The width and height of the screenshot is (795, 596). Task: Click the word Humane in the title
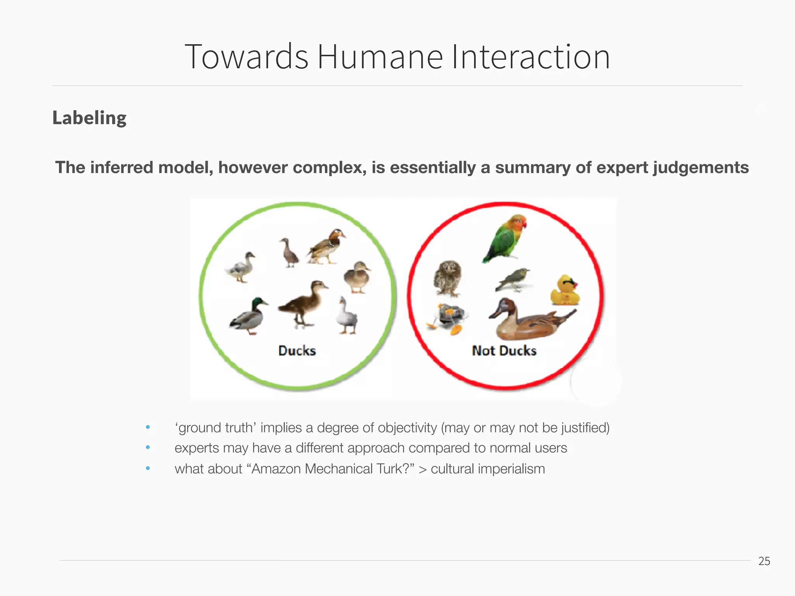coord(380,57)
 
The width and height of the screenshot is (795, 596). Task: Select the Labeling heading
coord(89,118)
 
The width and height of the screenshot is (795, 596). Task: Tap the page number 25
coord(764,561)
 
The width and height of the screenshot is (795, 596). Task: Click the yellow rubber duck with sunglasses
coord(565,291)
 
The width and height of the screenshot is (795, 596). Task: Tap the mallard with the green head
coord(248,315)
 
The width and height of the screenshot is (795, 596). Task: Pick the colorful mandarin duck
coord(326,247)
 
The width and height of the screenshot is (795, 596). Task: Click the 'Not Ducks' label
coord(504,351)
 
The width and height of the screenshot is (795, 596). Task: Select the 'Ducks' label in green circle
coord(297,351)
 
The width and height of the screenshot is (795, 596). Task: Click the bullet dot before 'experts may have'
coord(148,448)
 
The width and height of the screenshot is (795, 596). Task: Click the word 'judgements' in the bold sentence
coord(701,168)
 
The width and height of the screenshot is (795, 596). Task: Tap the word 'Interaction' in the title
coord(531,57)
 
